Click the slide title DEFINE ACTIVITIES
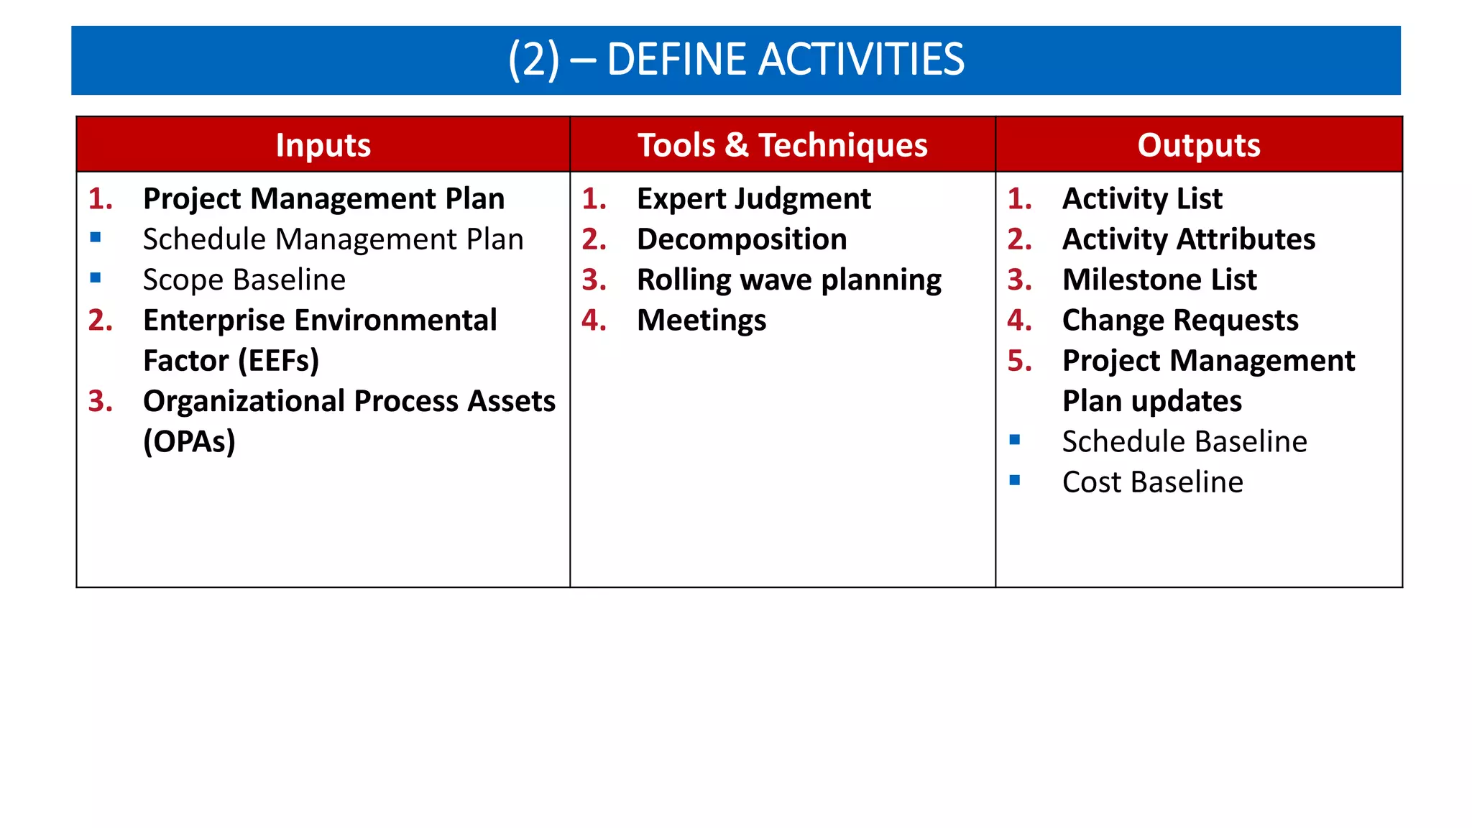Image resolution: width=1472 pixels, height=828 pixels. (x=736, y=60)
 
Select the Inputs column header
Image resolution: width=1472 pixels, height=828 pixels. (x=323, y=145)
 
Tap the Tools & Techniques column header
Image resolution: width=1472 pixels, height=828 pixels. (x=782, y=145)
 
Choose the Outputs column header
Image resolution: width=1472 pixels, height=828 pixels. (x=1198, y=145)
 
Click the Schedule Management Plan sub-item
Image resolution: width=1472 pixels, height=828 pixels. (x=333, y=239)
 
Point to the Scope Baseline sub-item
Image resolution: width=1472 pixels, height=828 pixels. (x=244, y=280)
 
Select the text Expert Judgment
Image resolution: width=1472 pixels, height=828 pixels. (x=753, y=199)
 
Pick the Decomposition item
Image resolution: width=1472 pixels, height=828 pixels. (x=742, y=239)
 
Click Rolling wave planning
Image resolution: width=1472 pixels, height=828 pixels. (x=788, y=280)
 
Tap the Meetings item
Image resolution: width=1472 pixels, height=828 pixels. (x=701, y=321)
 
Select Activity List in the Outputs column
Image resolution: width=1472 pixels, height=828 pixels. (x=1142, y=199)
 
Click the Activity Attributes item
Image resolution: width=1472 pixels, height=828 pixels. (x=1189, y=239)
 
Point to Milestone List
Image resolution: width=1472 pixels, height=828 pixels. (x=1159, y=280)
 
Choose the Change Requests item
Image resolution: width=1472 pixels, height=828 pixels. (x=1180, y=321)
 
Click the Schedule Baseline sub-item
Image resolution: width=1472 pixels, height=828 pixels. (x=1184, y=441)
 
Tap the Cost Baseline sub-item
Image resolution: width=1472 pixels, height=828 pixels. (x=1153, y=482)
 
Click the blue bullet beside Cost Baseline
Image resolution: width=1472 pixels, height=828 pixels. (x=1014, y=480)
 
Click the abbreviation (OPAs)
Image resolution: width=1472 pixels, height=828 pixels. (x=189, y=441)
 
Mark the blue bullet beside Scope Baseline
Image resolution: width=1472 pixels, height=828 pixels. (x=96, y=277)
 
